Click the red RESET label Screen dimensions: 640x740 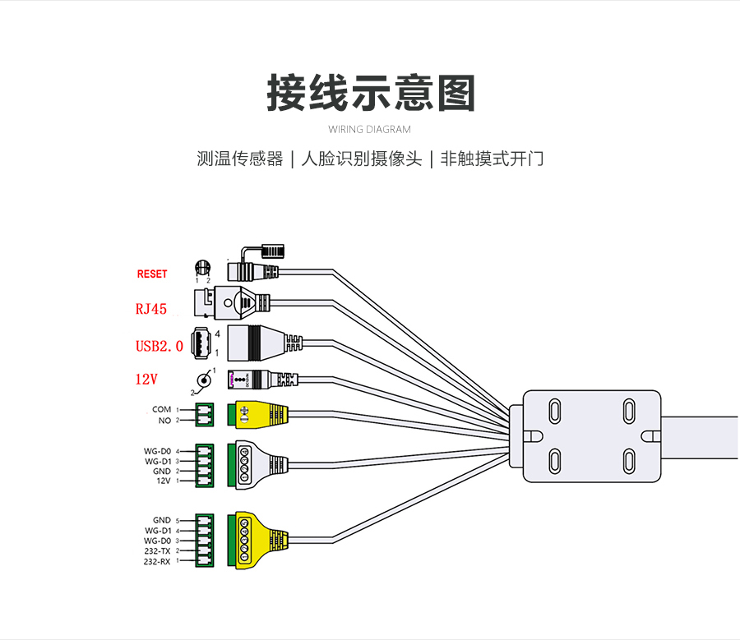coord(151,274)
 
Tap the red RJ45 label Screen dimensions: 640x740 coord(151,310)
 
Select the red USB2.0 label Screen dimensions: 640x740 coord(159,346)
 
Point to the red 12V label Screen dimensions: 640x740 coord(147,380)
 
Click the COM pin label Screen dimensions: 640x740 coord(161,409)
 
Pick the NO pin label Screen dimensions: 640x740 coord(164,420)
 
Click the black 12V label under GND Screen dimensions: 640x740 coord(163,481)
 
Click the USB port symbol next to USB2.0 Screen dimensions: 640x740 coord(201,343)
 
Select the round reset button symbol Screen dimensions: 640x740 coord(202,268)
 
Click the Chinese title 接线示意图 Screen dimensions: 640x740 coord(371,93)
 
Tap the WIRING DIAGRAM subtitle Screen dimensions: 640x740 coord(369,129)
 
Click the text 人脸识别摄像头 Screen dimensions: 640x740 coord(362,159)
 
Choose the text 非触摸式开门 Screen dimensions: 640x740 coord(492,159)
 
